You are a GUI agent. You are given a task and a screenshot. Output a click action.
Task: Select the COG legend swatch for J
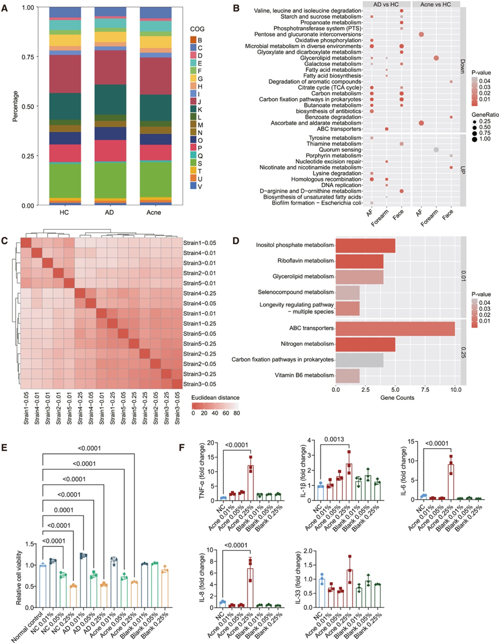point(193,102)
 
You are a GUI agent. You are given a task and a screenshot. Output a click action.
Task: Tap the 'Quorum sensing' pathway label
point(342,150)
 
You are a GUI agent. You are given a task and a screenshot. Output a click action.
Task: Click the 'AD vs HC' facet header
point(384,5)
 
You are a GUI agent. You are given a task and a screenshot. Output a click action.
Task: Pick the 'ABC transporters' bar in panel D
point(395,329)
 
